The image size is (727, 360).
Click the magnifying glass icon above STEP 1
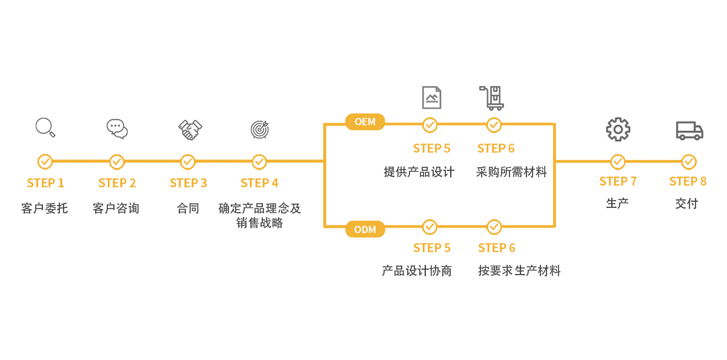pos(45,127)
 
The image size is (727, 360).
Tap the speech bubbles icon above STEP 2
pos(117,128)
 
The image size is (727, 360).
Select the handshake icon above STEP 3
pos(190,129)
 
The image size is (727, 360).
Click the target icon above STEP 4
pos(259,129)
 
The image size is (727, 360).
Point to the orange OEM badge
pos(365,122)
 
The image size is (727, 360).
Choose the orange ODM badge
pos(365,230)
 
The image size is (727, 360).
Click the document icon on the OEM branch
pos(431,97)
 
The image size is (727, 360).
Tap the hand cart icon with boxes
pos(492,97)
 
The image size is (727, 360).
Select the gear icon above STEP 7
pos(618,129)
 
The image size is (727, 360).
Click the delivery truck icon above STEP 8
pos(689,130)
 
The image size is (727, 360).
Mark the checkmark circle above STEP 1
pos(45,162)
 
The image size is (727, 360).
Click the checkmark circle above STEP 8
pos(689,162)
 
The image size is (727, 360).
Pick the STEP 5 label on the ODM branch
pos(431,248)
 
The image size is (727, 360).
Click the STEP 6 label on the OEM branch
pos(496,148)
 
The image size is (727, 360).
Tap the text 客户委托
pos(44,208)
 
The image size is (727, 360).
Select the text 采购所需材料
pos(511,172)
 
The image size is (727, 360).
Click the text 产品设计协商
pos(417,271)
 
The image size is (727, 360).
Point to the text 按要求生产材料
pos(519,271)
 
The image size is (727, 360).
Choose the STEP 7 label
pos(618,181)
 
